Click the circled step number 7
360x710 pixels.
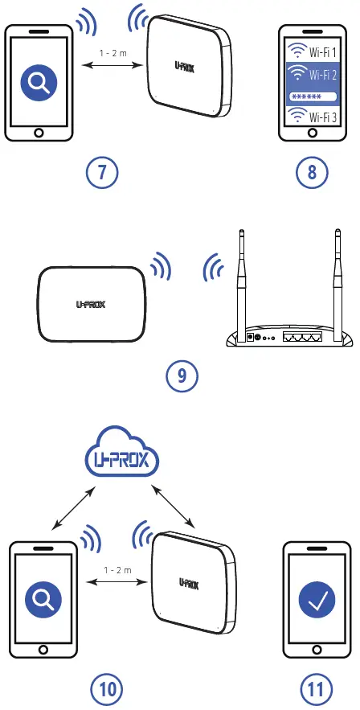(x=103, y=172)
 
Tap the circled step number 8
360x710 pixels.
(x=312, y=172)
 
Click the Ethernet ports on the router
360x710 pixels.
(x=301, y=336)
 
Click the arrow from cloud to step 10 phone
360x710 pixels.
(x=74, y=507)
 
